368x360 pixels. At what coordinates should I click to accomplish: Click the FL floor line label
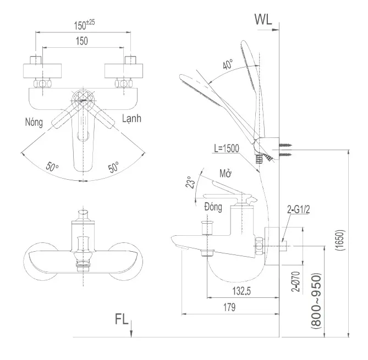click(123, 319)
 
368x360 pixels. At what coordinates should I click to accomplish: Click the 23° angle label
click(190, 182)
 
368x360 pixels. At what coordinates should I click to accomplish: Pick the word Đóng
click(212, 207)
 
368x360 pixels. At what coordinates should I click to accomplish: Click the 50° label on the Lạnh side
click(113, 168)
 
